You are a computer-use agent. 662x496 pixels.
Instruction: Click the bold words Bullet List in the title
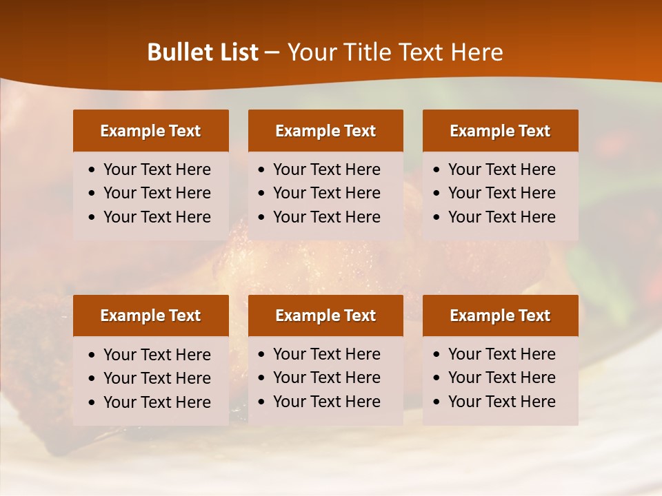click(203, 52)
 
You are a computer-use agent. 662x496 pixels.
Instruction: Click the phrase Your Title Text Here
click(395, 52)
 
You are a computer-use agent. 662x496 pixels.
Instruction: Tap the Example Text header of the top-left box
click(150, 131)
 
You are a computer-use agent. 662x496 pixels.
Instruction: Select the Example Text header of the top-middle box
click(325, 131)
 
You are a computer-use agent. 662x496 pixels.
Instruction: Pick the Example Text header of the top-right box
click(500, 131)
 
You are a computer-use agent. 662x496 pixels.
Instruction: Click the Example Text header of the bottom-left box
click(150, 316)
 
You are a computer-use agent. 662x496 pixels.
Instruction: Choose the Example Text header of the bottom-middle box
click(325, 316)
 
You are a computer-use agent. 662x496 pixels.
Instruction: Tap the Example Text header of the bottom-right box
click(500, 316)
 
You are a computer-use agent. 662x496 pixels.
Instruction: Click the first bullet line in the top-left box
click(157, 169)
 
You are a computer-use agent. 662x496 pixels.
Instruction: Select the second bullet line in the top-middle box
click(327, 193)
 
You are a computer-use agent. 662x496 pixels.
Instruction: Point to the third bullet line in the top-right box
click(502, 217)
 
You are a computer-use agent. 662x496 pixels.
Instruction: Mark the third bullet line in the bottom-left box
click(157, 402)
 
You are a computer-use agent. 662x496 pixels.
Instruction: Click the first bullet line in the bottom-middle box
click(327, 354)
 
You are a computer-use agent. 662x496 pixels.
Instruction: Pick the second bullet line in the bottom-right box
click(502, 378)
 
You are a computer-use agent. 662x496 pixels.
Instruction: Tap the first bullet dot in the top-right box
click(437, 170)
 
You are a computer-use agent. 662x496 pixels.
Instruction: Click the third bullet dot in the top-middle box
click(261, 218)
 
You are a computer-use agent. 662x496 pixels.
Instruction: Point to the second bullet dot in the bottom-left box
click(92, 379)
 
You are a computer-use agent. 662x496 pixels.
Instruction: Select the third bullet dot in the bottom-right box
click(437, 402)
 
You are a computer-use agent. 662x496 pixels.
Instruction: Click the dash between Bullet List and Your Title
click(272, 52)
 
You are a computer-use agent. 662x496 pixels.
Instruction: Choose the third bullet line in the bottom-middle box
click(327, 402)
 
